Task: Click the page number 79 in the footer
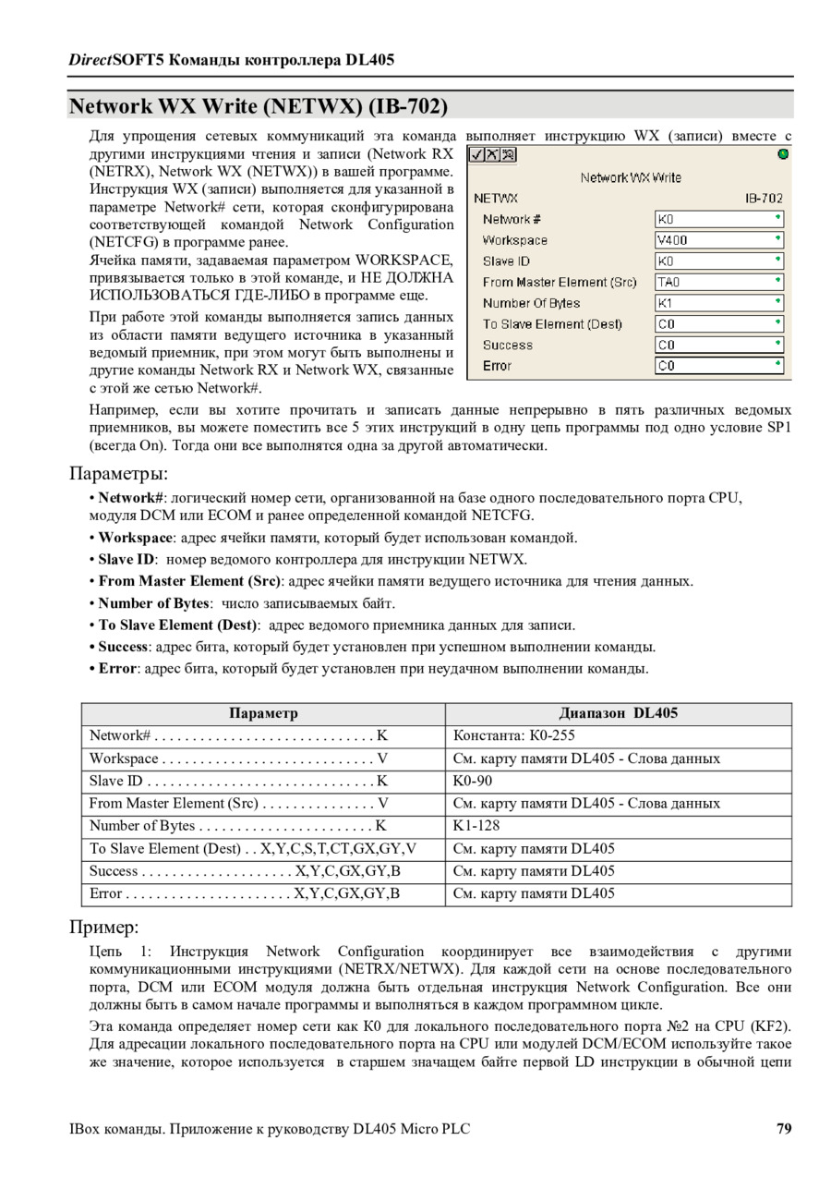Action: [x=784, y=1128]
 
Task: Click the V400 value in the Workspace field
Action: [x=673, y=240]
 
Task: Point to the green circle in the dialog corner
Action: [x=784, y=154]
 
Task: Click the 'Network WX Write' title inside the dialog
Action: [x=631, y=176]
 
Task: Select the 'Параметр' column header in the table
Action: [x=263, y=713]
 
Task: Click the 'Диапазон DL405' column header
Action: [x=618, y=713]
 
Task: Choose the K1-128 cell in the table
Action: [x=476, y=826]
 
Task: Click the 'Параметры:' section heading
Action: [x=119, y=474]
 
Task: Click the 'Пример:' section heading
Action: [x=104, y=927]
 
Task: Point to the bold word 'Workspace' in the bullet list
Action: [x=136, y=538]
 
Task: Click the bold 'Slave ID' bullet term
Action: [x=126, y=560]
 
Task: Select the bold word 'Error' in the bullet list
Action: [x=117, y=668]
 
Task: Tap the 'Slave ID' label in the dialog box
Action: [x=506, y=261]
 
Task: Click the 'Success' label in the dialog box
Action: [x=508, y=346]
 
